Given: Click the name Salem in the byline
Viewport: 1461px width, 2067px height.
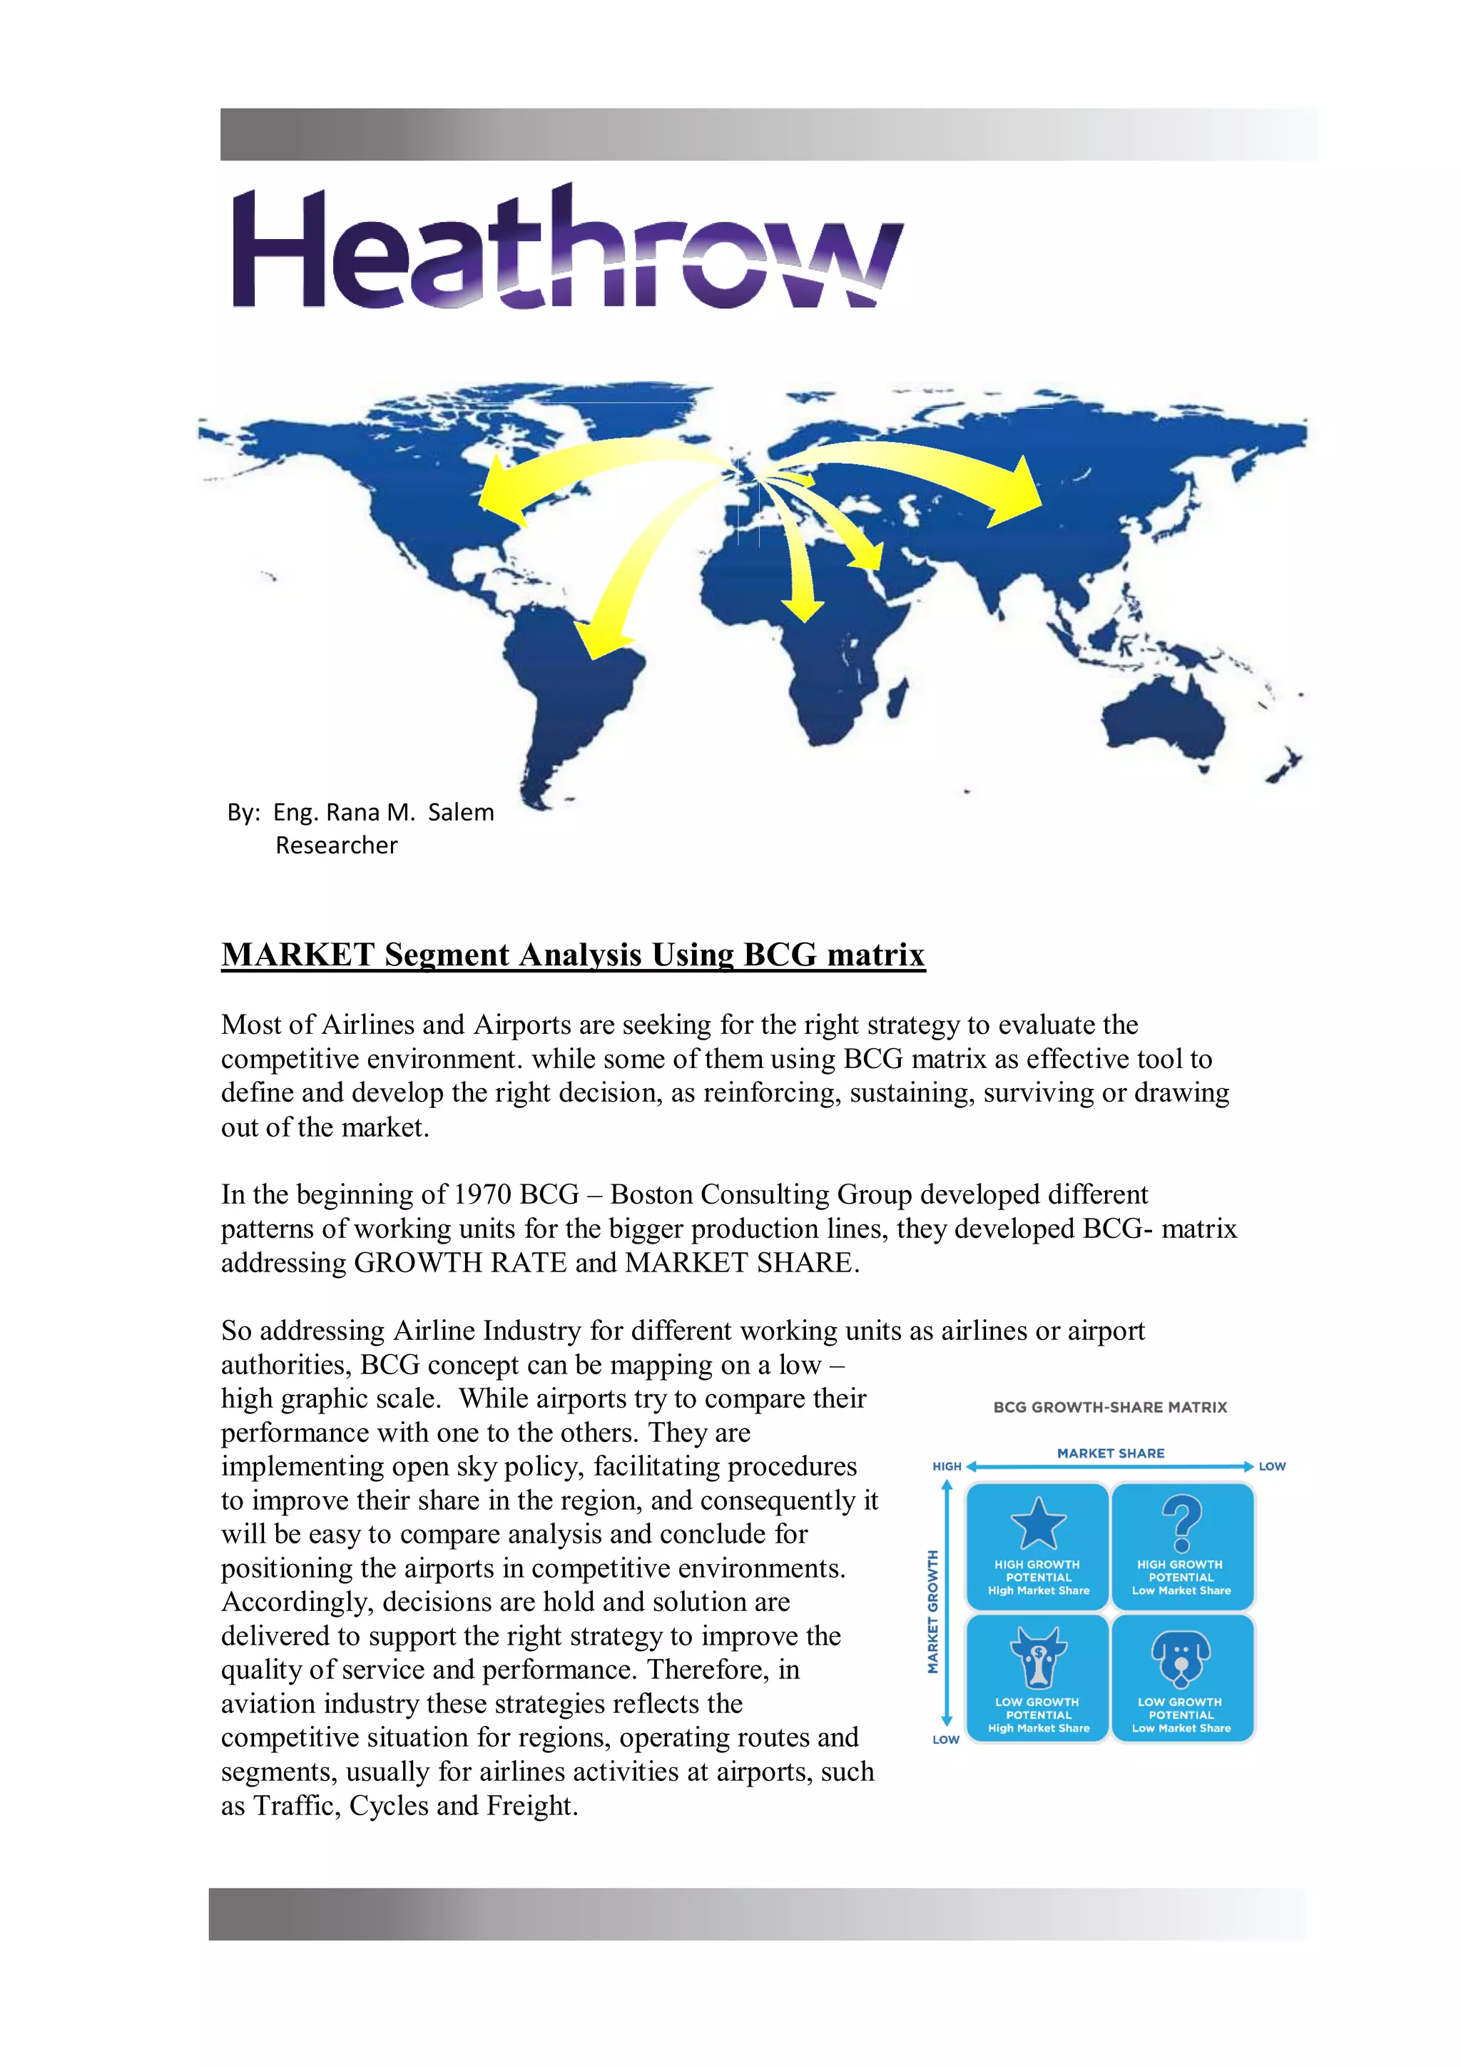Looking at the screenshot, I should point(460,812).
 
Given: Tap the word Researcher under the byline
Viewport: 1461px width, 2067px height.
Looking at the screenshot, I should point(336,845).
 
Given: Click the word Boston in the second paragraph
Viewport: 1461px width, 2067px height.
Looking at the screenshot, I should point(651,1194).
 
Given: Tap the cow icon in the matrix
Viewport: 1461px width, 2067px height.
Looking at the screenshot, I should point(1038,1657).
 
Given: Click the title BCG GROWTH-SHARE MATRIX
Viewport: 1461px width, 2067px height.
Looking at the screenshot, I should point(1109,1407).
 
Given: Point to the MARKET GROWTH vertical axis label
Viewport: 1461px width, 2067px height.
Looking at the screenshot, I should point(932,1612).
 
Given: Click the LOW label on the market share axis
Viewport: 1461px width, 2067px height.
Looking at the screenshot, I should point(1271,1466).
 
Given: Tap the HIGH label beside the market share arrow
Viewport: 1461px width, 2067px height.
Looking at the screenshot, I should point(946,1466).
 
